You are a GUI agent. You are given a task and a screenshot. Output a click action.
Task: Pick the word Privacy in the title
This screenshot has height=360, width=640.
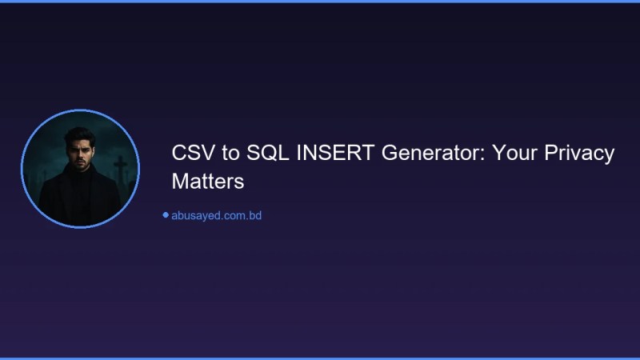pyautogui.click(x=579, y=154)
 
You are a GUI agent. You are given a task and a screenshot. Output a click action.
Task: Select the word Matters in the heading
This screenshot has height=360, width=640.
pyautogui.click(x=207, y=182)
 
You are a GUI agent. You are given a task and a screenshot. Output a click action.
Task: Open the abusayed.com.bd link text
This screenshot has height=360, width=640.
pyautogui.click(x=217, y=215)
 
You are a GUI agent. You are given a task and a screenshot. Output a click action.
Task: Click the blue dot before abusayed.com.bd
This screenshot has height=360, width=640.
pyautogui.click(x=166, y=214)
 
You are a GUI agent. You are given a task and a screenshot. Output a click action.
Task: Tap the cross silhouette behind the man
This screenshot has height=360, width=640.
pyautogui.click(x=121, y=168)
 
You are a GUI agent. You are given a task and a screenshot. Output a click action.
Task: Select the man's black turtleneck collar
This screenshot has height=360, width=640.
pyautogui.click(x=80, y=178)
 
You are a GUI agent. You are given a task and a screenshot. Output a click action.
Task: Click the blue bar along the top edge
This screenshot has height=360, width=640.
pyautogui.click(x=320, y=2)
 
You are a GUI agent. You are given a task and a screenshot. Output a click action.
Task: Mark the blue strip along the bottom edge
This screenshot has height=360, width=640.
pyautogui.click(x=320, y=358)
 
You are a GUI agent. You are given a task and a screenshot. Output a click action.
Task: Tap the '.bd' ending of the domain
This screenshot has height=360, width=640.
pyautogui.click(x=254, y=215)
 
